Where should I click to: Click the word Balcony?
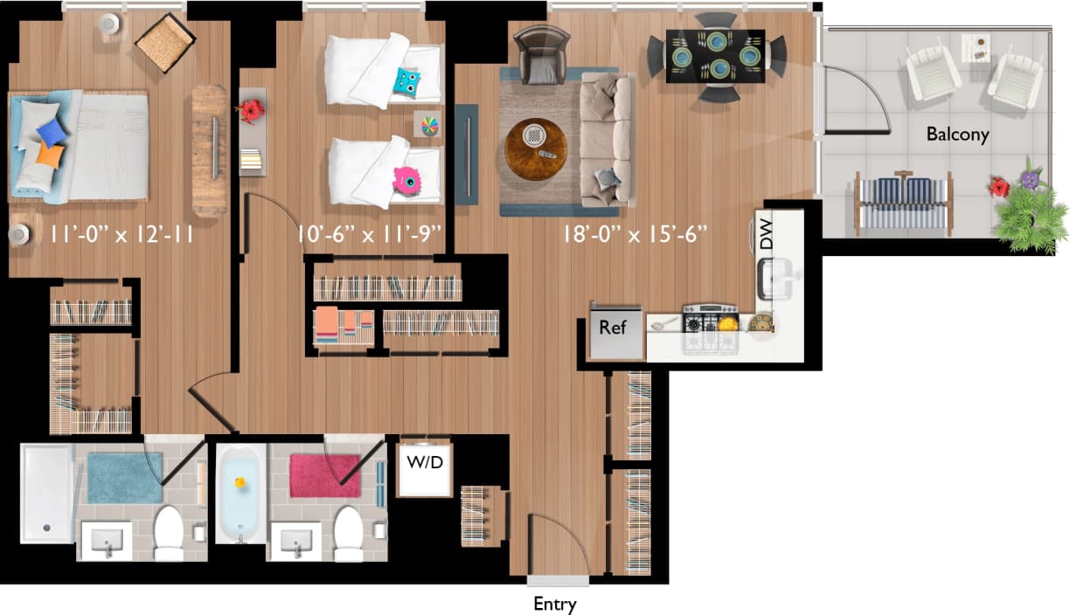click(957, 135)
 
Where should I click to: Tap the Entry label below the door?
click(555, 604)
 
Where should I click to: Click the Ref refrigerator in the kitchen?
click(614, 331)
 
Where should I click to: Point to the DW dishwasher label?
click(767, 235)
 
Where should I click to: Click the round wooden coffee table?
click(535, 149)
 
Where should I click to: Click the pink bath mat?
click(324, 475)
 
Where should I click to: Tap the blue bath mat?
click(124, 477)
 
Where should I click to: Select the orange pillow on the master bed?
click(50, 156)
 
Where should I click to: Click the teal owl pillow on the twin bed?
click(406, 82)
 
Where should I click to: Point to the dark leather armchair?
click(541, 52)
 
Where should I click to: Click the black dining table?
click(716, 56)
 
